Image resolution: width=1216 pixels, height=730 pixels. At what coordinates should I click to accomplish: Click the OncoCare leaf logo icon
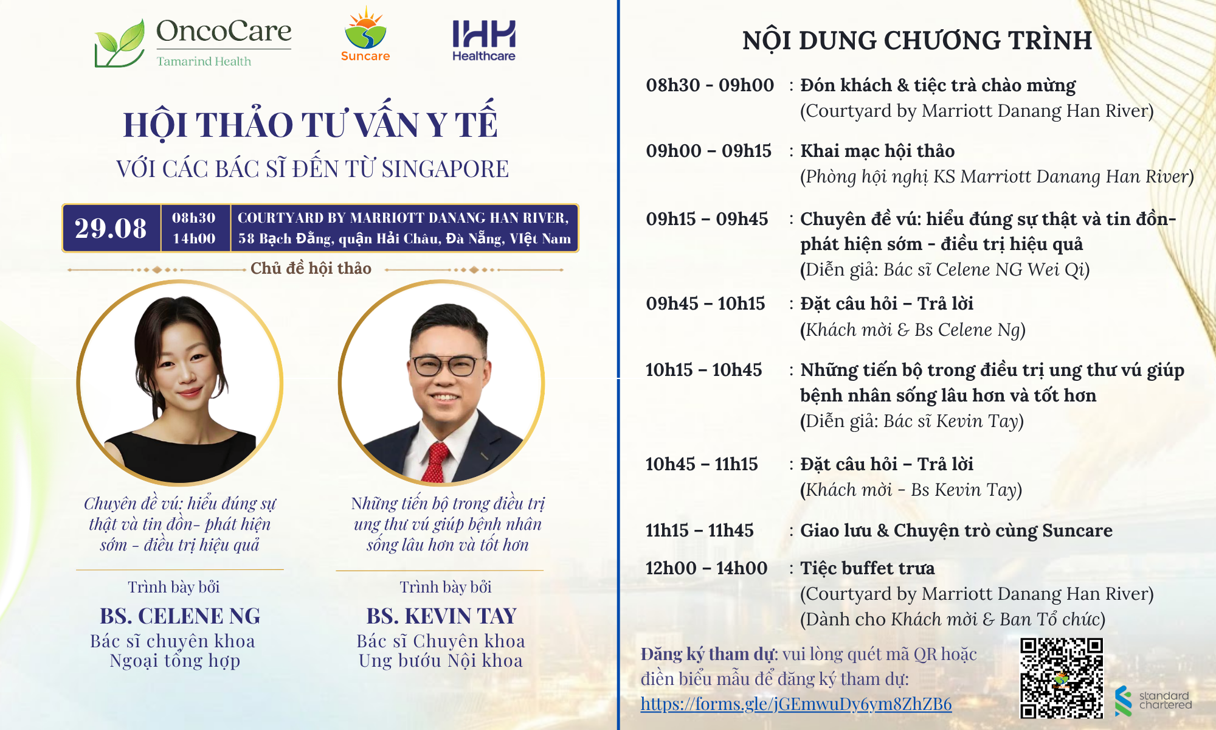120,44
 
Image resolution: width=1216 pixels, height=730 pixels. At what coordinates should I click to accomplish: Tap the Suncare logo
365,34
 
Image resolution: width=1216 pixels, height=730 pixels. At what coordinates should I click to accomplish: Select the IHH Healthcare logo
484,40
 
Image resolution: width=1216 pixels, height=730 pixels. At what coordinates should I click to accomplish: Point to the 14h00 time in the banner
194,238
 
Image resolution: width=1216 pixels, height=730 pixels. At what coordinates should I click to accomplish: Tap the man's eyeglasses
445,365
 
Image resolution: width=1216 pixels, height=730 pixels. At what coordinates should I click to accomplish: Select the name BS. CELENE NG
180,616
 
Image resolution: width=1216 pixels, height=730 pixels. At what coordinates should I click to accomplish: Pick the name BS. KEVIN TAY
441,616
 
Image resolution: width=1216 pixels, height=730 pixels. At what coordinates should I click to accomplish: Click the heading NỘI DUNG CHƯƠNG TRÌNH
917,40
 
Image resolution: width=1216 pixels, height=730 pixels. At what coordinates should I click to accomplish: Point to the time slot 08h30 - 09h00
710,85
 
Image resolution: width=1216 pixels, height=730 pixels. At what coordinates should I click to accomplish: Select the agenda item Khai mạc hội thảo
877,151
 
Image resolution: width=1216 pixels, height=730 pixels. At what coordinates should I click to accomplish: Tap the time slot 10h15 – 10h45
703,370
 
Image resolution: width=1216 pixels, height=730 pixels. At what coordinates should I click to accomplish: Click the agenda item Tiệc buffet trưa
868,568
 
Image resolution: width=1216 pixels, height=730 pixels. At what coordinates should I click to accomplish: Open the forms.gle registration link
796,704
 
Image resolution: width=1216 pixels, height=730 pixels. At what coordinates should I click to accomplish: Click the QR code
1062,678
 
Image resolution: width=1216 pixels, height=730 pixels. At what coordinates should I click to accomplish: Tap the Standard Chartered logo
1153,700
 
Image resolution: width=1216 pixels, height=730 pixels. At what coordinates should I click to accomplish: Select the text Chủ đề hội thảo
311,268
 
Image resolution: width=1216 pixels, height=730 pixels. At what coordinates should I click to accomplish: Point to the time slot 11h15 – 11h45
699,530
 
